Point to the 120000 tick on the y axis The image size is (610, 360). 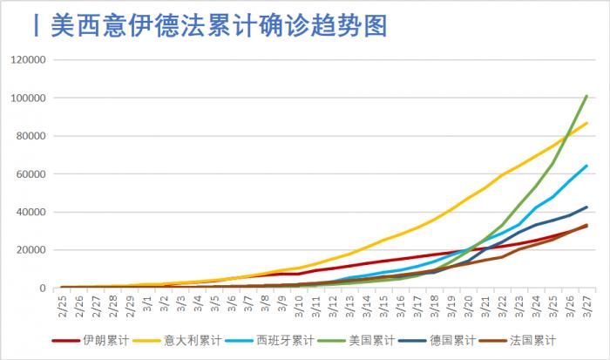pos(29,59)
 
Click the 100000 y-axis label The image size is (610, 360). pos(29,98)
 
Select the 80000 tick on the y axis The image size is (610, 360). pos(31,136)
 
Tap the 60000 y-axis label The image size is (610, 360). pos(31,173)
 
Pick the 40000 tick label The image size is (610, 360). pos(31,212)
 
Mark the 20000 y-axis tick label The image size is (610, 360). pos(31,250)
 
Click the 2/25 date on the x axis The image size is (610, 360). pos(63,304)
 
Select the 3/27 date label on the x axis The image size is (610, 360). pos(586,304)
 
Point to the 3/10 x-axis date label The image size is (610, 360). pos(299,304)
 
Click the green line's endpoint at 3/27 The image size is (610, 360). pos(586,96)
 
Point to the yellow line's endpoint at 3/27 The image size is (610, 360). pos(586,123)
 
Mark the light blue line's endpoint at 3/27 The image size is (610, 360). pos(586,166)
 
